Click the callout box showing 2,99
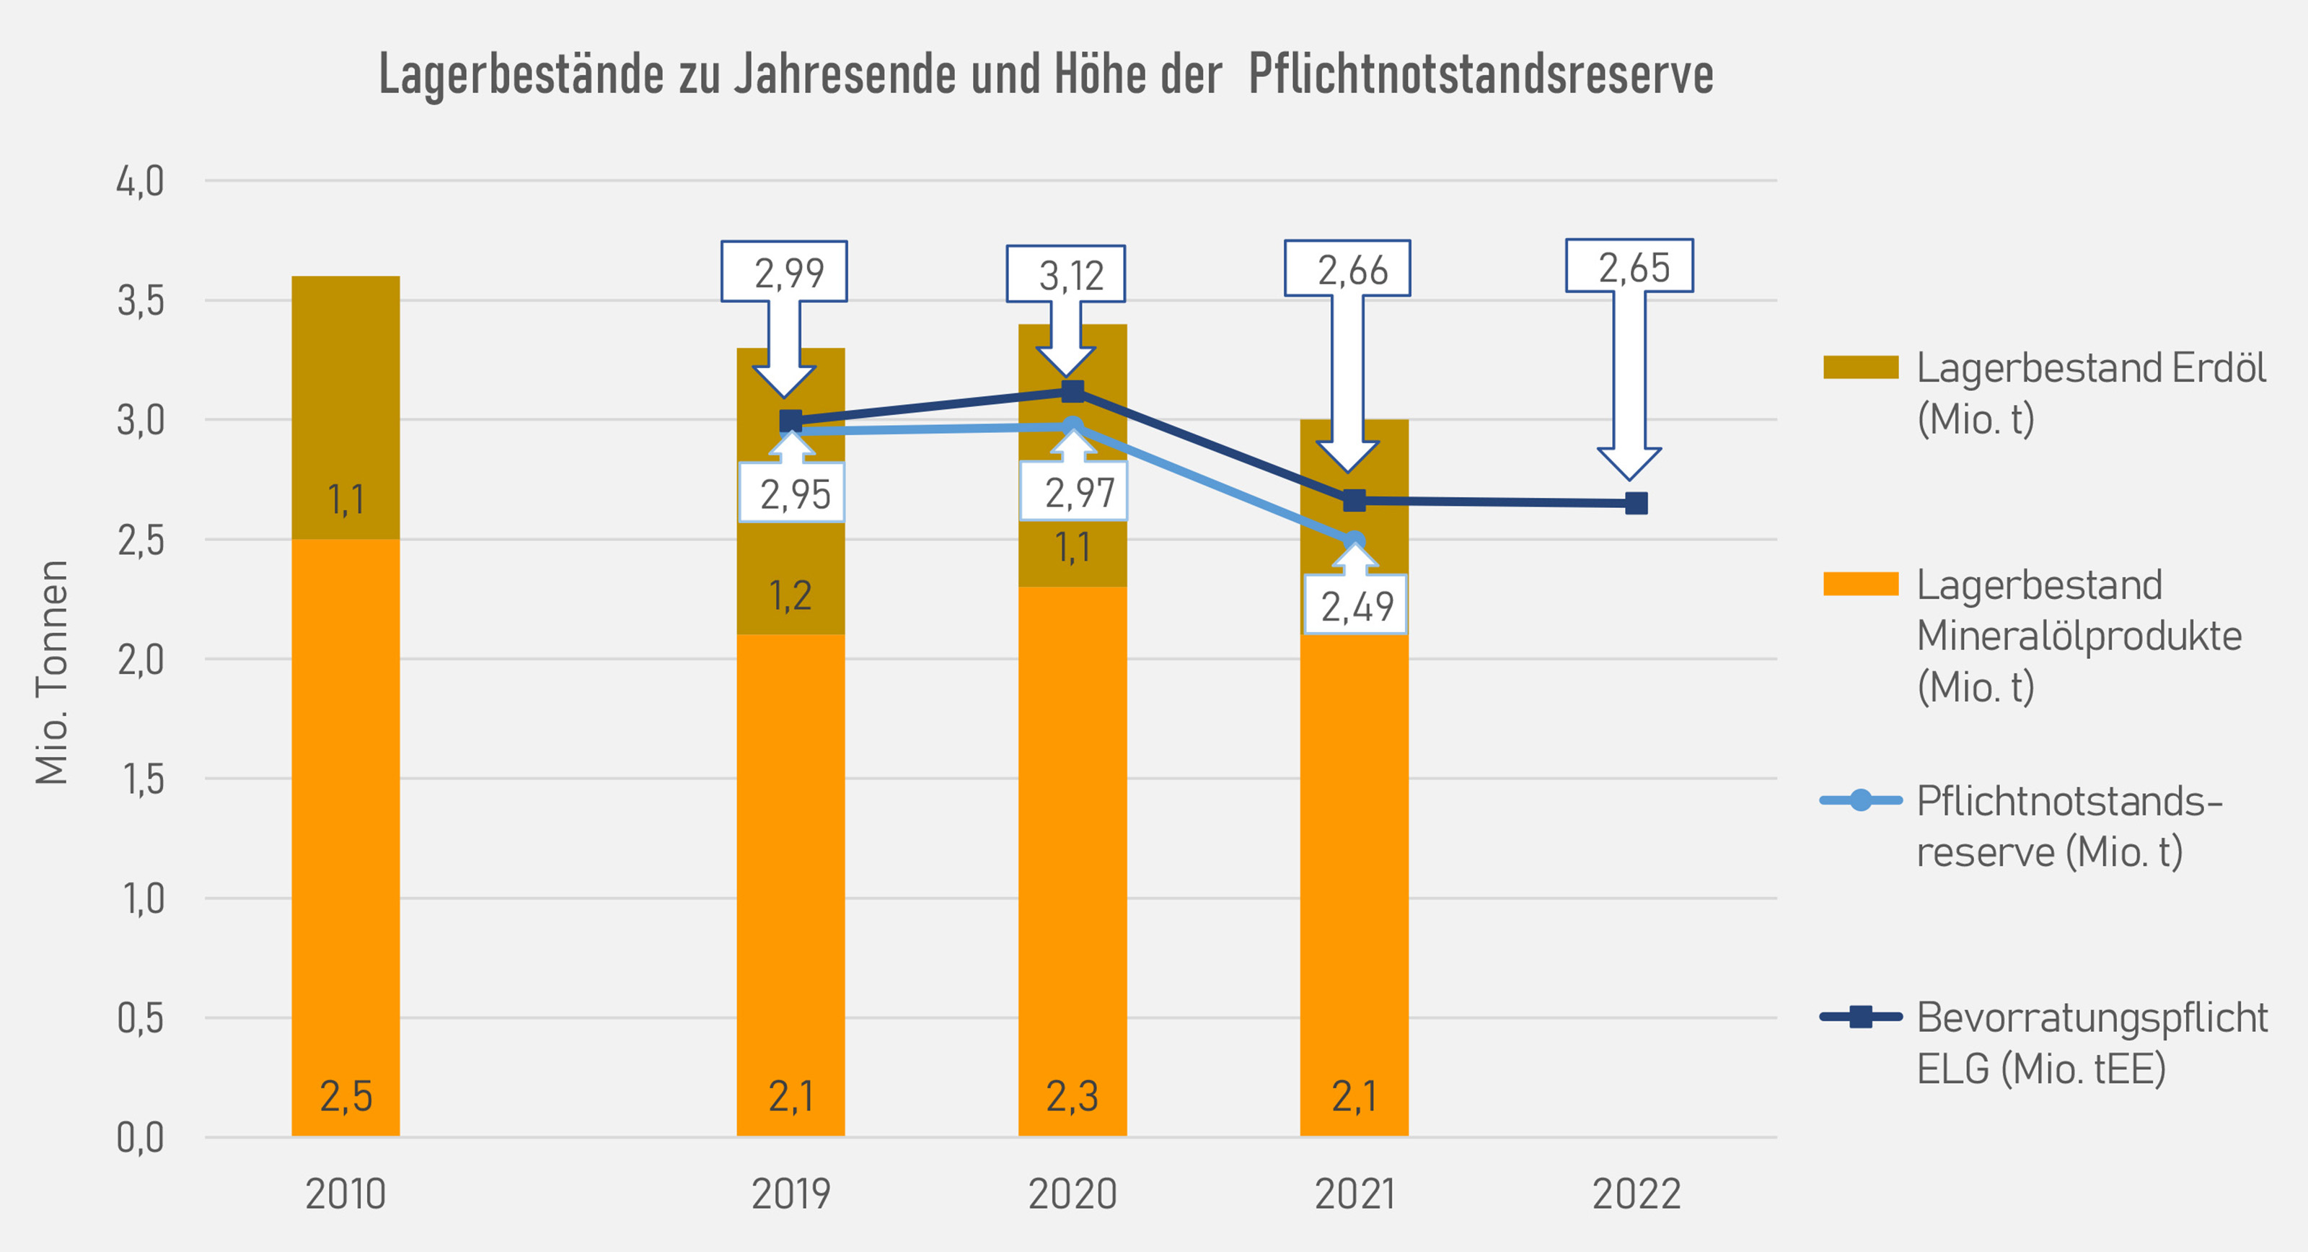785,271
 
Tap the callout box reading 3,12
1066,274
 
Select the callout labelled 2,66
1347,269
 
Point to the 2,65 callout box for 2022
1630,266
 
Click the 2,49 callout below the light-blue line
1356,606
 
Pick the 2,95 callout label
792,493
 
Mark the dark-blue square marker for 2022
1636,503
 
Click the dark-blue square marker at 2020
1072,392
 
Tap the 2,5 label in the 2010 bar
346,1095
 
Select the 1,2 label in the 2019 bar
790,595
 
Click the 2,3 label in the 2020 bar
1072,1095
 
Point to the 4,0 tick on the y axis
141,182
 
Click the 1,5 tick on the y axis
141,779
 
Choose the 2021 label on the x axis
1354,1194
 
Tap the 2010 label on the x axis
346,1194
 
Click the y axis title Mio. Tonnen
52,672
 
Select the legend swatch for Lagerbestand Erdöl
1860,367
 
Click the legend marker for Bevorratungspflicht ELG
1860,1016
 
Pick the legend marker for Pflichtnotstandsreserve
1860,800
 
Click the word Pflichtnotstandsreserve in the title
1480,74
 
